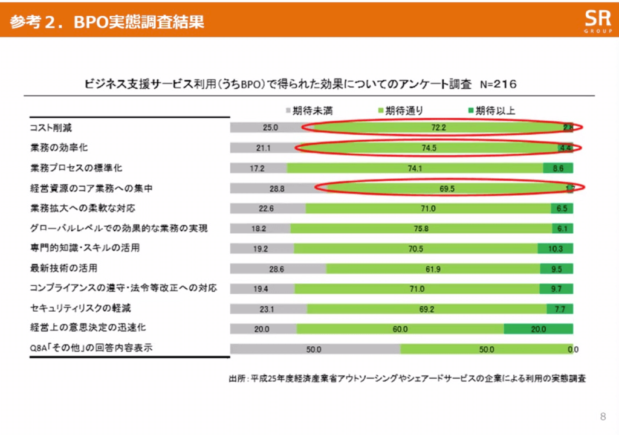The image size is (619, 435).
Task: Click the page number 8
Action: [x=603, y=416]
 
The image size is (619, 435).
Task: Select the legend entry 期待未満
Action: [x=309, y=111]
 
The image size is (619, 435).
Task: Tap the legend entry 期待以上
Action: [x=491, y=111]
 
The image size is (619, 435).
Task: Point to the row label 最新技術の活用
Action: [x=63, y=268]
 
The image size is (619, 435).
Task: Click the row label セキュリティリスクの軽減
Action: [x=79, y=308]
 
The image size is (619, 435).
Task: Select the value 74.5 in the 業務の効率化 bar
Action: [x=430, y=148]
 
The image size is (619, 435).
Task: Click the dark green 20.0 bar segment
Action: [x=538, y=329]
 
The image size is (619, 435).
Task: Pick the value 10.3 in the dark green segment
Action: [x=555, y=249]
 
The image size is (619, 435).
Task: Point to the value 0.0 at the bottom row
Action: [x=574, y=349]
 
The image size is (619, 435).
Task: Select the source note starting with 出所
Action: [x=409, y=379]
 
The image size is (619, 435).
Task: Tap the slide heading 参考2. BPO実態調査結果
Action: [x=108, y=22]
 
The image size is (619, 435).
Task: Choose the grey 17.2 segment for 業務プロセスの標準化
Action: [x=258, y=168]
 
